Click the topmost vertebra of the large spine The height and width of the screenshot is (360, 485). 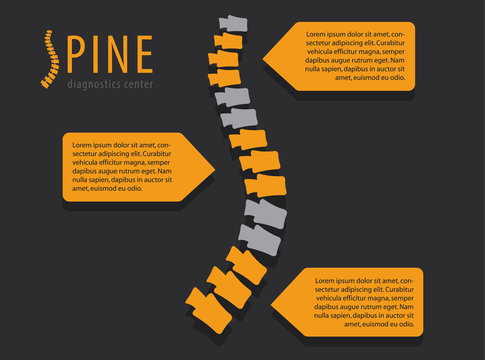click(232, 23)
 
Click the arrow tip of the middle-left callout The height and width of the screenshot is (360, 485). click(216, 166)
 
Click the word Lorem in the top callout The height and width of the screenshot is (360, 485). click(318, 34)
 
